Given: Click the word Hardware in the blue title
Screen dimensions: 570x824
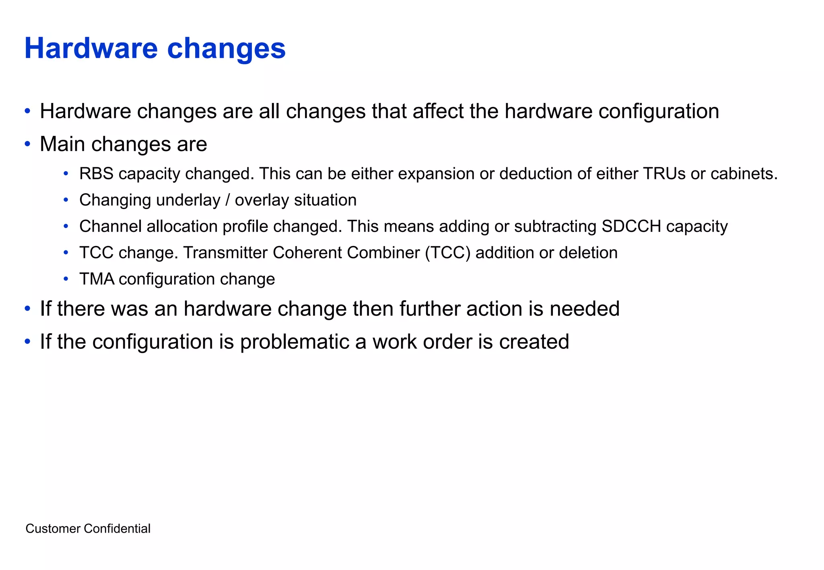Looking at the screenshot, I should [x=91, y=48].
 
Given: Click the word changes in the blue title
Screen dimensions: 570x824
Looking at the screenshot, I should [x=226, y=48].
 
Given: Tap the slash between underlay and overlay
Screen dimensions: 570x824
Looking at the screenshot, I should [x=228, y=200].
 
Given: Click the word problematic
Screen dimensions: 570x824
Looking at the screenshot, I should [x=303, y=342].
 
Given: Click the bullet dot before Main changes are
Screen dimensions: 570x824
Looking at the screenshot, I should [x=27, y=144].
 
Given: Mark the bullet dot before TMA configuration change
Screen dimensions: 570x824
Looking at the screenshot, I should [x=66, y=279].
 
